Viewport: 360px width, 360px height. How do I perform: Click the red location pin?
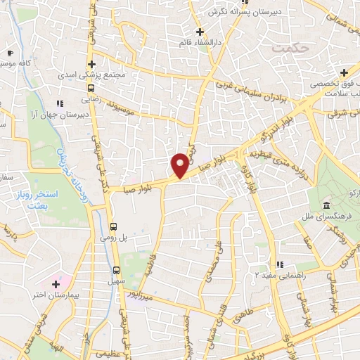pyautogui.click(x=180, y=165)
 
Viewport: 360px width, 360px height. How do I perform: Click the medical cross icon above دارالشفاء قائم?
pyautogui.click(x=200, y=32)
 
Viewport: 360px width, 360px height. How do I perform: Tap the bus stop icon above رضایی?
pyautogui.click(x=91, y=89)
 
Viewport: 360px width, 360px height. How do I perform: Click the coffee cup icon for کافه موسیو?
pyautogui.click(x=9, y=53)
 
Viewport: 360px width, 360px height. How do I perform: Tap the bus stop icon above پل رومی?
pyautogui.click(x=114, y=226)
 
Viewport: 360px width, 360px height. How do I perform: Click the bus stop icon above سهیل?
pyautogui.click(x=117, y=270)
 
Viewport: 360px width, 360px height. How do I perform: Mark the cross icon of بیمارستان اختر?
pyautogui.click(x=56, y=302)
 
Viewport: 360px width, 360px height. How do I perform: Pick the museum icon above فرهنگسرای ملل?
pyautogui.click(x=326, y=205)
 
